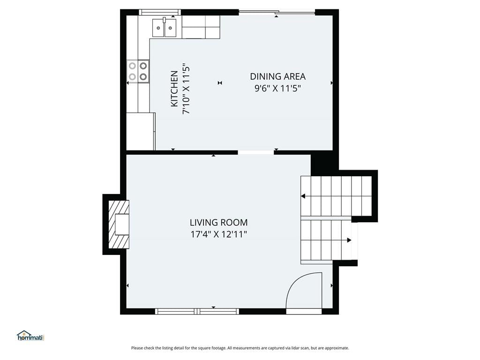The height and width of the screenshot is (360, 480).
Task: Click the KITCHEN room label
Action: pyautogui.click(x=174, y=89)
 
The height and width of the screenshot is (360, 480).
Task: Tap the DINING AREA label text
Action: pyautogui.click(x=277, y=76)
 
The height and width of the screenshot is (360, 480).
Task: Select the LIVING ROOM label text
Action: pyautogui.click(x=218, y=222)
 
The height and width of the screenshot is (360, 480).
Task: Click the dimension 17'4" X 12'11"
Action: pyautogui.click(x=218, y=234)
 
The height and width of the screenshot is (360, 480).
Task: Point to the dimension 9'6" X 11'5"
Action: pyautogui.click(x=277, y=89)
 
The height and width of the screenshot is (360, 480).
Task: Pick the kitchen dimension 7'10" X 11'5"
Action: pyautogui.click(x=186, y=89)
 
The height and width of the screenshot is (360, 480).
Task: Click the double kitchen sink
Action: pyautogui.click(x=165, y=28)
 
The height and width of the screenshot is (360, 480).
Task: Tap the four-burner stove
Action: pyautogui.click(x=138, y=71)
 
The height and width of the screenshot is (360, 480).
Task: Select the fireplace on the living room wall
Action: pyautogui.click(x=119, y=225)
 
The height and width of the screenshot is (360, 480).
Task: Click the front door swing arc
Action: pyautogui.click(x=294, y=281)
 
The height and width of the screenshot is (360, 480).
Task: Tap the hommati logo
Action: pyautogui.click(x=30, y=336)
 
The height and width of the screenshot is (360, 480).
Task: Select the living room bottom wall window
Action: pyautogui.click(x=197, y=311)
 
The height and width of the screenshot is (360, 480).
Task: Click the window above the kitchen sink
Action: pyautogui.click(x=160, y=12)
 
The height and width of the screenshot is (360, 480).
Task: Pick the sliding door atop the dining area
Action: pyautogui.click(x=277, y=12)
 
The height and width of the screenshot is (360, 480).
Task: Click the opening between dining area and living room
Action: pyautogui.click(x=255, y=152)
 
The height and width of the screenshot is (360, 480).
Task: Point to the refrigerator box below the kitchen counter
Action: pyautogui.click(x=141, y=131)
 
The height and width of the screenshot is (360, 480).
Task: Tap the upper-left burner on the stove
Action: pyautogui.click(x=132, y=66)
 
